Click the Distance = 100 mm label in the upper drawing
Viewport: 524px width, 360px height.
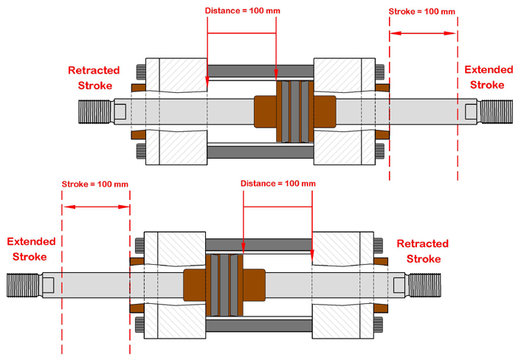click(x=242, y=10)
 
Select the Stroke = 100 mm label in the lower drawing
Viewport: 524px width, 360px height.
click(x=95, y=184)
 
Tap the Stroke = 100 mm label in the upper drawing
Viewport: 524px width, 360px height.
click(x=421, y=12)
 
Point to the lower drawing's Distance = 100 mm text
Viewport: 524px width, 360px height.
click(x=278, y=184)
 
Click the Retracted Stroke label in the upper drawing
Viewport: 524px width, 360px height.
click(x=94, y=77)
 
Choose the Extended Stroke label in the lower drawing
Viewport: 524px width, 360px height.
click(x=31, y=249)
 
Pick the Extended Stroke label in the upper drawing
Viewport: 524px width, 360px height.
click(x=489, y=77)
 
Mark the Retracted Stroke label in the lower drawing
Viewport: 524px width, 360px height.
click(x=423, y=251)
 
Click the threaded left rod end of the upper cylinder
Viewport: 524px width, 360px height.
click(x=95, y=111)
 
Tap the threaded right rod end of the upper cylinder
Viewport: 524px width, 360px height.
click(x=497, y=111)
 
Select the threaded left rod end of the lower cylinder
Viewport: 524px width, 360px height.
click(x=24, y=285)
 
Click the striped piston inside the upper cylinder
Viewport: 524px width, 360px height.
click(x=295, y=111)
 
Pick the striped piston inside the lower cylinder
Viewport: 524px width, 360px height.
click(x=224, y=285)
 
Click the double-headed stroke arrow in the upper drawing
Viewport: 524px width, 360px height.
click(x=423, y=33)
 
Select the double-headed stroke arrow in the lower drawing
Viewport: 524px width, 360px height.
click(x=96, y=207)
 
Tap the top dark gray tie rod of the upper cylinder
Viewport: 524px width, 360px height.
click(x=261, y=71)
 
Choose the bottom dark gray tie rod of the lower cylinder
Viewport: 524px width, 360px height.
click(x=258, y=325)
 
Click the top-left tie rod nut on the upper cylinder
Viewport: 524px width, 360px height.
click(x=141, y=72)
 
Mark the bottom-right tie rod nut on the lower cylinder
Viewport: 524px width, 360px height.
click(x=379, y=325)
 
